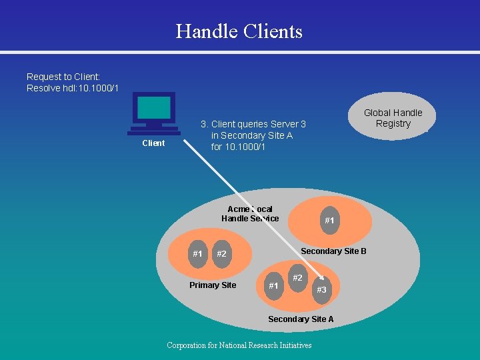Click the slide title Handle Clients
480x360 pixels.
coord(239,31)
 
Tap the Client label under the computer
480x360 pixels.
coord(153,143)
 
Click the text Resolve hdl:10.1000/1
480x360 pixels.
coord(73,89)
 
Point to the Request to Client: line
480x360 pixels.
coord(63,77)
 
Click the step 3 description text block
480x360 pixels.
coord(253,135)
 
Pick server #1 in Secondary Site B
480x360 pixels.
coord(329,221)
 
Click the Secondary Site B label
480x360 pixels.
coord(333,251)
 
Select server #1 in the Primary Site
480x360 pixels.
coord(197,254)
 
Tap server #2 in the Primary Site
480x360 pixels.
coord(221,254)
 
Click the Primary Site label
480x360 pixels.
coord(213,285)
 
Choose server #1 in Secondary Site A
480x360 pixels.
coord(273,286)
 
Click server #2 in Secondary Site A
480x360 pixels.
coord(297,277)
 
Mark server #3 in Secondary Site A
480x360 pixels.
coord(321,290)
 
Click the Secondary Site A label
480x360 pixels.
coord(301,319)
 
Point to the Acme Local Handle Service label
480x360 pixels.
coord(250,214)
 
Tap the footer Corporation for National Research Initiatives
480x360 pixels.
coord(239,345)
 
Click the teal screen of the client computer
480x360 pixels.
coord(154,107)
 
